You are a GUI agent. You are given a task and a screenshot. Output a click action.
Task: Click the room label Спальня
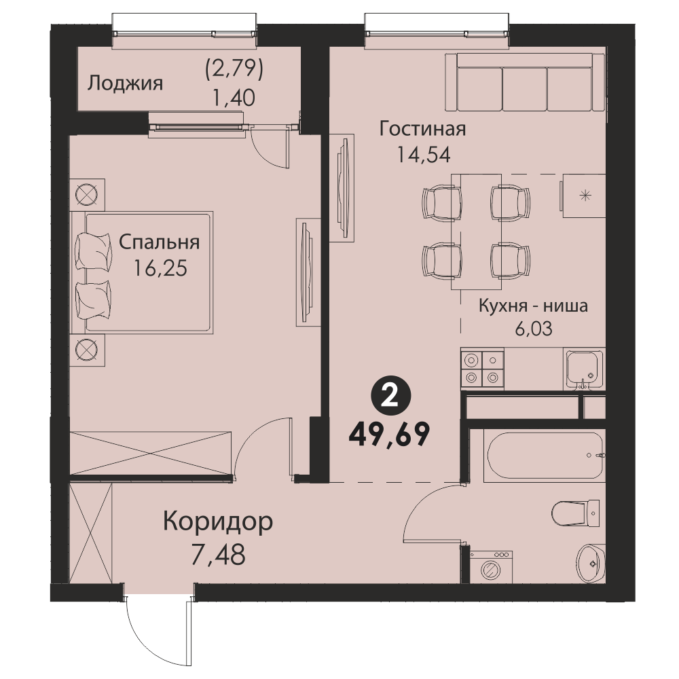(160, 242)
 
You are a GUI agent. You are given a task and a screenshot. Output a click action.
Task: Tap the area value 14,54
(424, 155)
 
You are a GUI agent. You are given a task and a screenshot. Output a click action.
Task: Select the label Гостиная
(422, 128)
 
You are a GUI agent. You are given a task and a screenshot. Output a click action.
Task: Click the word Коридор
(218, 523)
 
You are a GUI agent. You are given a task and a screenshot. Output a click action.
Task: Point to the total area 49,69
(389, 435)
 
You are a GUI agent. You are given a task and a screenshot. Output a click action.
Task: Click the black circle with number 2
(390, 397)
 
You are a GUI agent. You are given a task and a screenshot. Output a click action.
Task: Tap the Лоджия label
(125, 83)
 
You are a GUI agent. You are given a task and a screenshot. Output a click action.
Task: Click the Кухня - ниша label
(533, 306)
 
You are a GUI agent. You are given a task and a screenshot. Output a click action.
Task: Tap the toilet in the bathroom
(576, 513)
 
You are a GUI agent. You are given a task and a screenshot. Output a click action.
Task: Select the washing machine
(491, 567)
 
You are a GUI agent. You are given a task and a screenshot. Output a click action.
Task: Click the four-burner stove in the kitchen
(482, 368)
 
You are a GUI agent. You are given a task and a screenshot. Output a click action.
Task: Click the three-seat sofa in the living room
(525, 83)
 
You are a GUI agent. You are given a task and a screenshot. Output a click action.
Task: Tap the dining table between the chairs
(477, 232)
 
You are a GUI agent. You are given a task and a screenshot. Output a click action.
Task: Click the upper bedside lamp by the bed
(87, 194)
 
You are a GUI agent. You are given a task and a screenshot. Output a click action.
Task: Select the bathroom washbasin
(591, 564)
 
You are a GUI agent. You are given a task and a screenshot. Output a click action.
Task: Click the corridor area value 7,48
(218, 555)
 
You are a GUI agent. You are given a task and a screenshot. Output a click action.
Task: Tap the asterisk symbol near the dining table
(585, 196)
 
